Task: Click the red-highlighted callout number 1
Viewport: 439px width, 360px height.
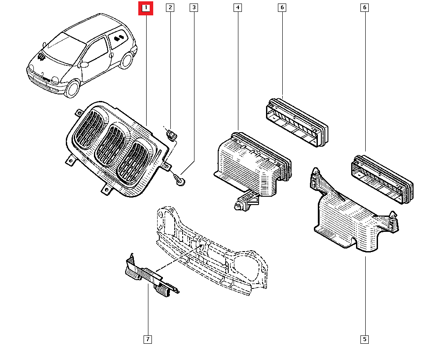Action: pyautogui.click(x=146, y=8)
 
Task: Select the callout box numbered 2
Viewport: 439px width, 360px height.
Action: pyautogui.click(x=170, y=7)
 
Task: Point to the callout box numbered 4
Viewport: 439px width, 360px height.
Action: pyautogui.click(x=237, y=7)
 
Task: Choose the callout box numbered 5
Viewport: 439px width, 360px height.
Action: pyautogui.click(x=365, y=339)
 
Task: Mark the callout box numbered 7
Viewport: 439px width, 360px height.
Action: pyautogui.click(x=148, y=339)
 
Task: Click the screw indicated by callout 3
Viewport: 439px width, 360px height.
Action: pyautogui.click(x=178, y=180)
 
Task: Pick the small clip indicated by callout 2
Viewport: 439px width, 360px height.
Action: pyautogui.click(x=172, y=133)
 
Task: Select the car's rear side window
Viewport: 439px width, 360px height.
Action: pyautogui.click(x=118, y=38)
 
